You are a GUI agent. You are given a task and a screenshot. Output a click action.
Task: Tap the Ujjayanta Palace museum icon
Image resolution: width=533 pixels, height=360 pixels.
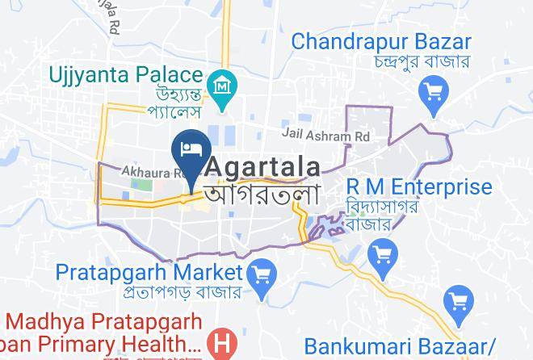[x=220, y=83]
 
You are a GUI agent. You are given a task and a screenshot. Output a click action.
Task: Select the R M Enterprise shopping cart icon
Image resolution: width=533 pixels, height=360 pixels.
[x=381, y=257]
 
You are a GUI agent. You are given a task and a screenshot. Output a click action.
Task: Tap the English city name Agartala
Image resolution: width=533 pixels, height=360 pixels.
[x=266, y=167]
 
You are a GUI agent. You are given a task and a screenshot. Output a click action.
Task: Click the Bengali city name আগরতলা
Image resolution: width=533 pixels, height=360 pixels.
[x=262, y=194]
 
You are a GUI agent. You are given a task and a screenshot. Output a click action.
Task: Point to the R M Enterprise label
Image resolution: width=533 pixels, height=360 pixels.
[x=418, y=187]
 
